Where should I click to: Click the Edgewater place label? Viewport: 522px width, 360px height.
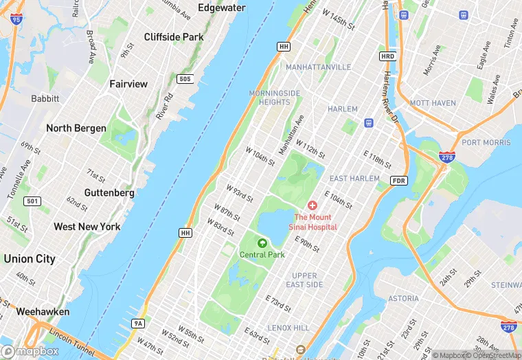coord(221,8)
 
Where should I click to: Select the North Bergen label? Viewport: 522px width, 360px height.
coord(76,128)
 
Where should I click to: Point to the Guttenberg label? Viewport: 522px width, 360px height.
coord(109,193)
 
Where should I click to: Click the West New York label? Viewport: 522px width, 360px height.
coord(87,227)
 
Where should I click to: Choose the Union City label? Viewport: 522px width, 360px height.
coord(30,259)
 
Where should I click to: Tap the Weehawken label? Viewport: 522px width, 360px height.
coord(43,311)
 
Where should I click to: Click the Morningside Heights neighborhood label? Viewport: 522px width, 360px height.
coord(275,98)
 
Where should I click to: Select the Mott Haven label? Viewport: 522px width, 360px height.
coord(433,103)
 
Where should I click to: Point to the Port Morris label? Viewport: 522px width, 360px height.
coord(486,143)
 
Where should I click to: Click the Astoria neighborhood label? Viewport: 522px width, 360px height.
coord(403,298)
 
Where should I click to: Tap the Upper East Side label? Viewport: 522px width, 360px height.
coord(304,280)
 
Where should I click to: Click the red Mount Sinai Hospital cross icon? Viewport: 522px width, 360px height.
coord(313,205)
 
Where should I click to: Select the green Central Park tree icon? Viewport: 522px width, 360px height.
coord(262,243)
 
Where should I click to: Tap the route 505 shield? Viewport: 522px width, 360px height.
coord(184,79)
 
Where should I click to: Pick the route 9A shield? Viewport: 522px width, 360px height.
coord(138,323)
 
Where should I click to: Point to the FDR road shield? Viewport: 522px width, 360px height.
coord(398,180)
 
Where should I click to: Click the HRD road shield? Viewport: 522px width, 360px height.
coord(387,56)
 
